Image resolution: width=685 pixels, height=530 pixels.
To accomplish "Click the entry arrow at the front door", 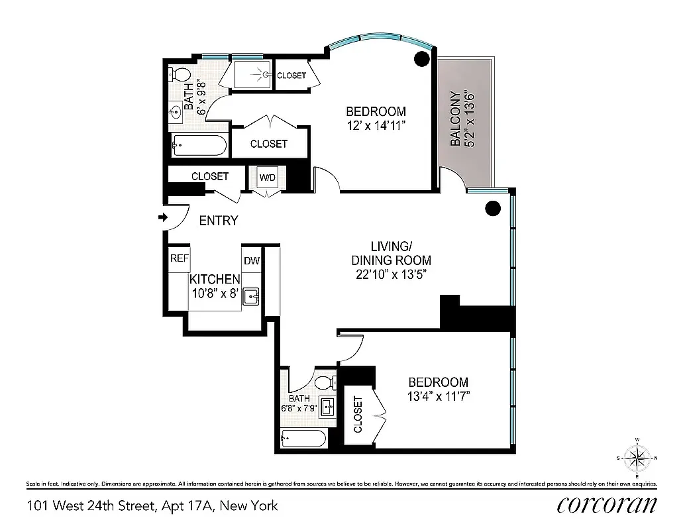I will pyautogui.click(x=162, y=217).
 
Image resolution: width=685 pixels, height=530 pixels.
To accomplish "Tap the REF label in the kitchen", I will pyautogui.click(x=179, y=259).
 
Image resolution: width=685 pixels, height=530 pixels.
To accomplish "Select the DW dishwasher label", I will pyautogui.click(x=252, y=261).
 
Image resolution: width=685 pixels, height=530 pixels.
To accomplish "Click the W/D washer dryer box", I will pyautogui.click(x=268, y=178).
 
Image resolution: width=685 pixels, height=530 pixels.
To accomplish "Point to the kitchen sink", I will pyautogui.click(x=252, y=297).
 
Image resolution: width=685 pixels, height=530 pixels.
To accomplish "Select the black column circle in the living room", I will pyautogui.click(x=492, y=209).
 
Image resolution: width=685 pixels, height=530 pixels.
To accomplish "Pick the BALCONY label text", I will pyautogui.click(x=456, y=119).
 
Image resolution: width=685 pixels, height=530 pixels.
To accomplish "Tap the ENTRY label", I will pyautogui.click(x=218, y=221).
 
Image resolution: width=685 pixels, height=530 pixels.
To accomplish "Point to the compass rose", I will pyautogui.click(x=637, y=458).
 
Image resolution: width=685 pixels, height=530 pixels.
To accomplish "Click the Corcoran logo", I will pyautogui.click(x=607, y=505).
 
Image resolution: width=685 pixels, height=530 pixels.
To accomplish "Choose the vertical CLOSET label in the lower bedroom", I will pyautogui.click(x=358, y=415).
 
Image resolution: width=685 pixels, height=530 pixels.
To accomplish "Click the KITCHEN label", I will pyautogui.click(x=215, y=280).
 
